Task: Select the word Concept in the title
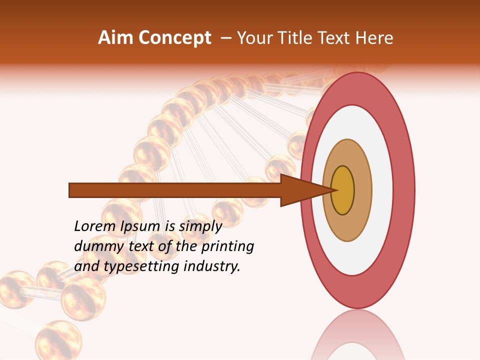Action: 174,38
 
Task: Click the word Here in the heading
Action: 374,38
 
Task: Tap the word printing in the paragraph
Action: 227,247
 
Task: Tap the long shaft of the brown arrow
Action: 175,190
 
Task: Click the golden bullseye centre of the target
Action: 342,190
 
